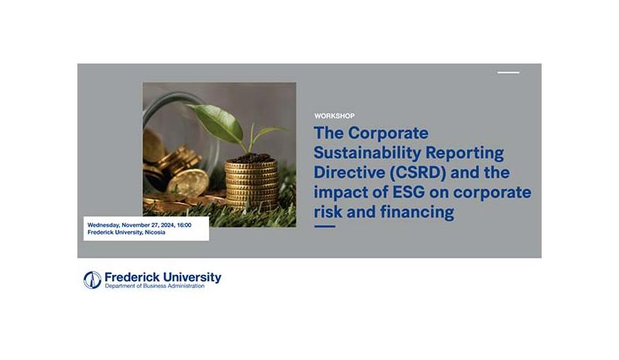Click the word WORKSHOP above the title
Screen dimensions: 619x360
click(x=334, y=116)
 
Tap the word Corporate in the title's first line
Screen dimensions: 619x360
click(x=388, y=133)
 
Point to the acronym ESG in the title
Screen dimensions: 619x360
click(x=409, y=193)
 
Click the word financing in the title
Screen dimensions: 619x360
click(x=417, y=213)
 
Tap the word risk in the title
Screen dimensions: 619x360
click(x=328, y=212)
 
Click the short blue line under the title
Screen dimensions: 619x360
click(x=324, y=226)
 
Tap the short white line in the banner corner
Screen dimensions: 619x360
click(x=508, y=73)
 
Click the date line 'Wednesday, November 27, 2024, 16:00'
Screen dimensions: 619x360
click(x=139, y=225)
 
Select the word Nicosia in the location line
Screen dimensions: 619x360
click(x=155, y=232)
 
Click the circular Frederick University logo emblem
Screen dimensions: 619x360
click(x=92, y=279)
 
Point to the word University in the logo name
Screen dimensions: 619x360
click(x=192, y=277)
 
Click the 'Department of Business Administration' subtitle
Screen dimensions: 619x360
click(x=155, y=286)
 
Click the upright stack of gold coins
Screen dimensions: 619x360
click(x=251, y=184)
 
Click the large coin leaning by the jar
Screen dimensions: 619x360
click(x=189, y=183)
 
